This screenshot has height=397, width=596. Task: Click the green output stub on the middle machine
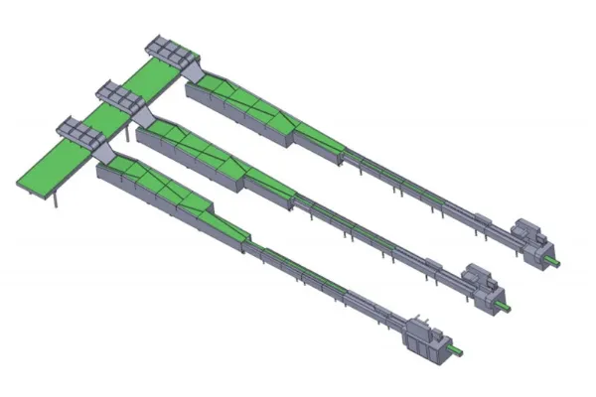tap(511, 305)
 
